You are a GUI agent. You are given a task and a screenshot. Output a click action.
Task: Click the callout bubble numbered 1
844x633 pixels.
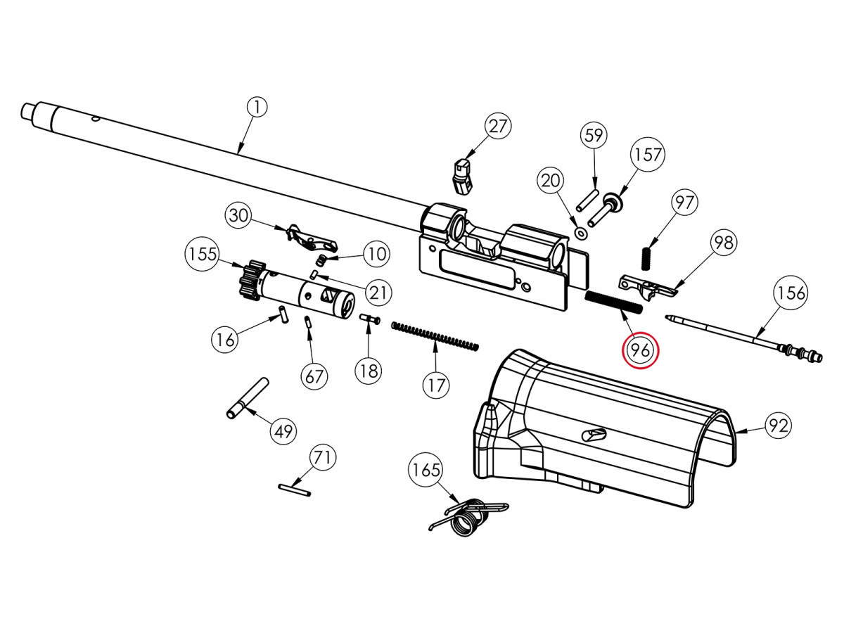pos(257,108)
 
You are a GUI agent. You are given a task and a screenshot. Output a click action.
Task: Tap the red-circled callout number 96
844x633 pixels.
pos(640,350)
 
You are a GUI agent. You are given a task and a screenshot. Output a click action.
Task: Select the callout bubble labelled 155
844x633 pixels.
pos(204,254)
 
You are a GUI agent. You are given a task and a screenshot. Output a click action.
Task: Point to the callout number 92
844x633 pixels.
pos(778,425)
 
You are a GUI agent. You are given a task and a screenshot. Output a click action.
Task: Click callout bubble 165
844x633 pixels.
pos(426,470)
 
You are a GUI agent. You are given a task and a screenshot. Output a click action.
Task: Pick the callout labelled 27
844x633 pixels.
pos(498,127)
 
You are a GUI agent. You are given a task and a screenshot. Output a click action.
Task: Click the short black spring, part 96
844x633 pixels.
pos(613,302)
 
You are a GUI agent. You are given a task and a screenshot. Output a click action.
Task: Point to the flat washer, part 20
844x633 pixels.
pos(581,232)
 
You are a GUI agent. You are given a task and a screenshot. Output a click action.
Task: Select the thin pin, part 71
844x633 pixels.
pos(293,490)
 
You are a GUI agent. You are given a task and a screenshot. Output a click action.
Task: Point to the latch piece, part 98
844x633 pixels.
pos(646,286)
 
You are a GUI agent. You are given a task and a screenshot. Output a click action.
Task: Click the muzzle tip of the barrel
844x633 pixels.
pos(29,111)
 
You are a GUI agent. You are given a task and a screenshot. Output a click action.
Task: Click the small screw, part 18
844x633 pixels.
pos(369,319)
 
